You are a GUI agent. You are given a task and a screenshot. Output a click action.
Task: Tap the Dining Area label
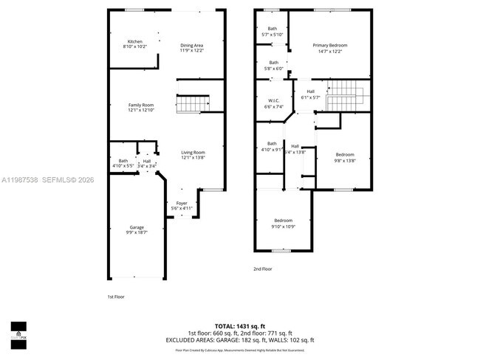[x=192, y=48]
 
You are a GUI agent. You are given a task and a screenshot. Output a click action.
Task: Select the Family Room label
[x=141, y=108]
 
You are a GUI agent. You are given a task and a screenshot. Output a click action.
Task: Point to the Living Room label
[x=193, y=155]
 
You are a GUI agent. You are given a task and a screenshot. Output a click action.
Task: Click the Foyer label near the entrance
[x=182, y=206]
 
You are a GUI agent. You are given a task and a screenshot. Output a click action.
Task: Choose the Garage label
[x=137, y=229]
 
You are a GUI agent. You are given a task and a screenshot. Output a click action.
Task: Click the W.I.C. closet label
[x=273, y=104]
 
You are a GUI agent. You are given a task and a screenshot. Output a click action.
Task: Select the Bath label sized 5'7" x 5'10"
[x=272, y=32]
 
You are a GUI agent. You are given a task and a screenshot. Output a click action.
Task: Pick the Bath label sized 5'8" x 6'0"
[x=274, y=65]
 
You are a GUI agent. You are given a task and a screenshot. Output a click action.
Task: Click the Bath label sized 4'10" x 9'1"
[x=272, y=146]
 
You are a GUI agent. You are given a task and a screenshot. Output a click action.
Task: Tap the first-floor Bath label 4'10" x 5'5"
[x=123, y=164]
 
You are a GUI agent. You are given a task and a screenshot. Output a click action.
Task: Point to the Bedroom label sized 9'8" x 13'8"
[x=345, y=157]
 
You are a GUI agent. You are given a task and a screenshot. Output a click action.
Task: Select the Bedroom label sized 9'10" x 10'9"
[x=284, y=224]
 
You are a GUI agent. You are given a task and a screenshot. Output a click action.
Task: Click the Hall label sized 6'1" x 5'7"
[x=310, y=94]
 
